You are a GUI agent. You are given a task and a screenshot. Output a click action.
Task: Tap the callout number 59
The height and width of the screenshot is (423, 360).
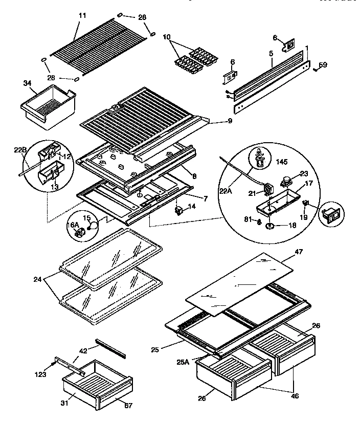[323, 65]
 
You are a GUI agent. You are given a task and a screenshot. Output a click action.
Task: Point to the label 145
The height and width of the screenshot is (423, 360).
[281, 162]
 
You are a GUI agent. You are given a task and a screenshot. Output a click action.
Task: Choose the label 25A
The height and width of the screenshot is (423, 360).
[183, 362]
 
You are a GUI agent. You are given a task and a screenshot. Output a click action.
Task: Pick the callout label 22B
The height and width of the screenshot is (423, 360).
[19, 150]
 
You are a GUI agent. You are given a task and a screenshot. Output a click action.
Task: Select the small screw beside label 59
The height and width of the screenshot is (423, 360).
[314, 69]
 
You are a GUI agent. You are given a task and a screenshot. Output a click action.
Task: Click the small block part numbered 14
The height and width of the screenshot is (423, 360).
[179, 210]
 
